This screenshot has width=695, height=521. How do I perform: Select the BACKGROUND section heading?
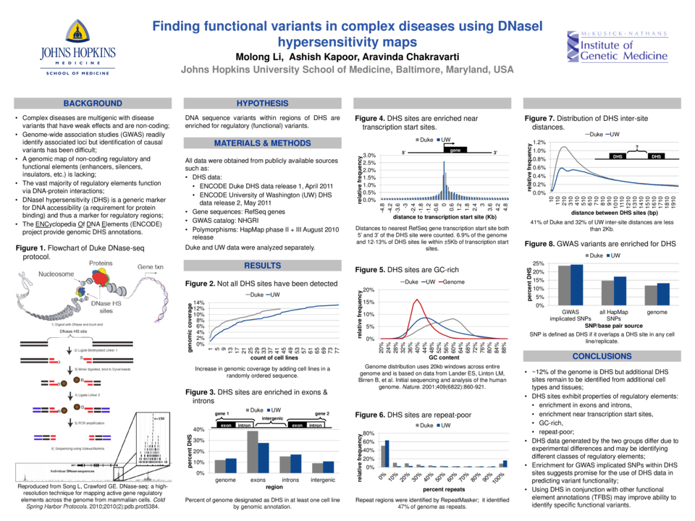tap(93, 103)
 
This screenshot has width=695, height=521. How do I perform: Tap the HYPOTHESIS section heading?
tap(262, 103)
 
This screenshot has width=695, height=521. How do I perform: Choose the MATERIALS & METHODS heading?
tap(262, 143)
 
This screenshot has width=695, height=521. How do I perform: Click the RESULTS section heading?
tap(262, 266)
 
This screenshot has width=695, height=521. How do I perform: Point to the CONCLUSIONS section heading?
tap(602, 357)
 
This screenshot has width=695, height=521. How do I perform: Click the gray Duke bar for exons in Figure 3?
tap(253, 452)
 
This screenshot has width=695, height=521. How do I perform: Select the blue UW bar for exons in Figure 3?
tap(263, 457)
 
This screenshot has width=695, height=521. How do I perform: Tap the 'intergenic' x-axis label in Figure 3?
tap(322, 480)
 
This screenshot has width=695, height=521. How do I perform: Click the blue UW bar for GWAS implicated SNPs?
tap(577, 284)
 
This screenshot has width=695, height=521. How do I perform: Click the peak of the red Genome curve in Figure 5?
tap(416, 300)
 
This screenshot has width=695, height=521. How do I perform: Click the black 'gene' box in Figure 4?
tap(455, 150)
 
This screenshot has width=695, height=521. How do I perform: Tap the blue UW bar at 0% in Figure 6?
tap(387, 453)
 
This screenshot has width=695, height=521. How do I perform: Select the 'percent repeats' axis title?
tap(443, 490)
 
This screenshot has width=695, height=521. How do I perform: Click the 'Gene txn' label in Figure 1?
tap(151, 267)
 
